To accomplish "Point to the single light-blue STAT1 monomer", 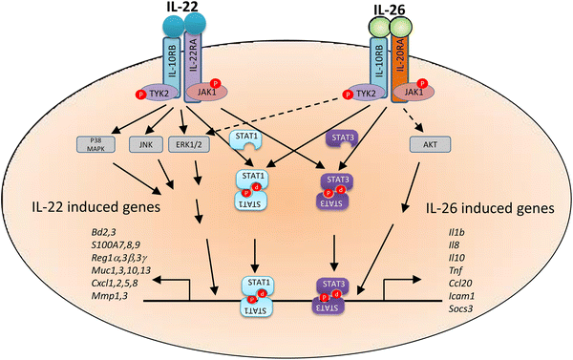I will (x=250, y=139).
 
